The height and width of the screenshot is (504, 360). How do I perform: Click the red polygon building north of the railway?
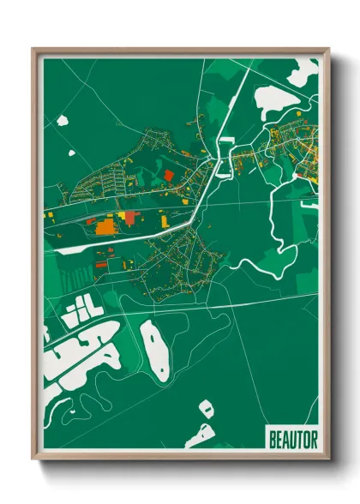point(168,175)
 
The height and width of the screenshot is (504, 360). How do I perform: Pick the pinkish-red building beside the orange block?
point(129,218)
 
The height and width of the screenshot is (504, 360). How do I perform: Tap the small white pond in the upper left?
point(63,121)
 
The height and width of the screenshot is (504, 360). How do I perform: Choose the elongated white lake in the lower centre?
point(154,351)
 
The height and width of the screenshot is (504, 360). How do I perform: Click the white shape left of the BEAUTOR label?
point(200,435)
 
